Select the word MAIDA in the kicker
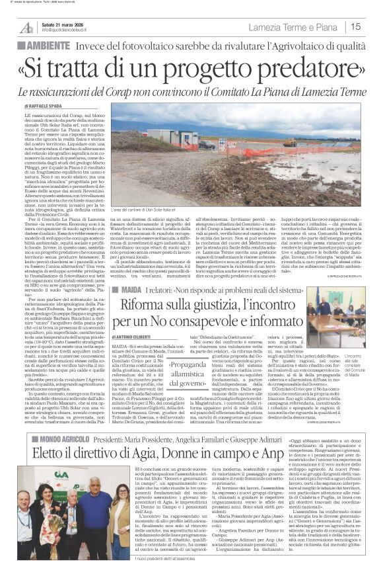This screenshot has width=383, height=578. pyautogui.click(x=128, y=288)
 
